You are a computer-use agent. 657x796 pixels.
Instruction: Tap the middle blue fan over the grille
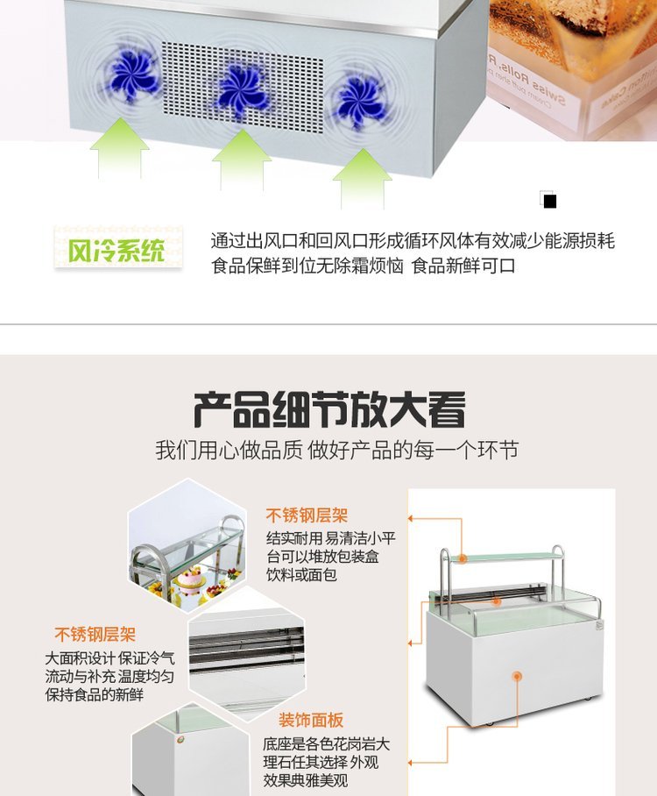tap(242, 88)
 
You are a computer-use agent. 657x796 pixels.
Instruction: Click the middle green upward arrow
tap(242, 160)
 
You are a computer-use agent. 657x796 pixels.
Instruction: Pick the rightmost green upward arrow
tap(363, 178)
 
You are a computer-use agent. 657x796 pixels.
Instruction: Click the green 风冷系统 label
tap(117, 250)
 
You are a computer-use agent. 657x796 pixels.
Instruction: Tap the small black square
tap(550, 202)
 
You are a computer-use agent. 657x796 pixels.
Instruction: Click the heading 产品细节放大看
tap(329, 409)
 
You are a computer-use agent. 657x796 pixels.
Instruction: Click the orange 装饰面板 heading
tap(311, 720)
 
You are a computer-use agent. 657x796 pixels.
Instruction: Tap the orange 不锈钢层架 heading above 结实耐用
tap(307, 515)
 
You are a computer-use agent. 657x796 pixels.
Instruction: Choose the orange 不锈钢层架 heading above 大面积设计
tap(95, 634)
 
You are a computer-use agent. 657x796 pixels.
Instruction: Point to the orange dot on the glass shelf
tap(463, 559)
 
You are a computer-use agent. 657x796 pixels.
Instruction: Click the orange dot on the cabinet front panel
tap(517, 676)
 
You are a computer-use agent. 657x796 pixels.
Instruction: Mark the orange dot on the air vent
tap(498, 602)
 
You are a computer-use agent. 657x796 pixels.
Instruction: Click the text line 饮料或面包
tap(302, 575)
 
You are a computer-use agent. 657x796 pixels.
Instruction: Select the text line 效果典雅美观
tap(306, 780)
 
